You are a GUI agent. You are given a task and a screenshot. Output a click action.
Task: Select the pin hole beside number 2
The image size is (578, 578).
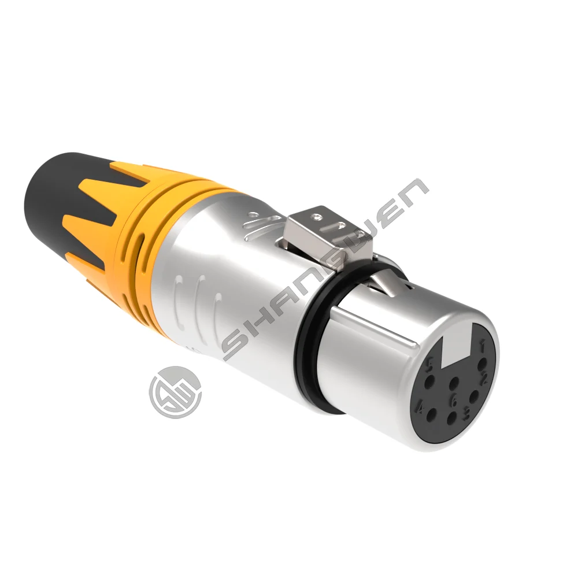point(473,397)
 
